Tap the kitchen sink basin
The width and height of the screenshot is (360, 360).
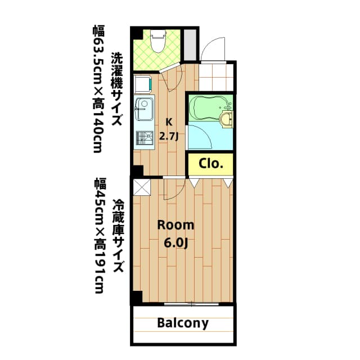145,107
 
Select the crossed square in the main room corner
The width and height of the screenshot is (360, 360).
141,187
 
